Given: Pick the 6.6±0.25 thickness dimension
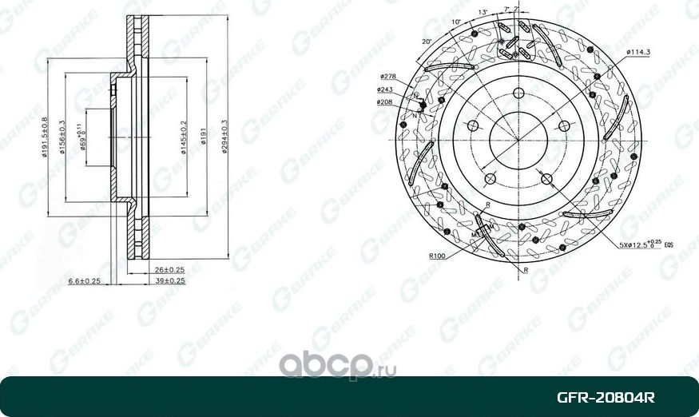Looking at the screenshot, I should click(x=84, y=281).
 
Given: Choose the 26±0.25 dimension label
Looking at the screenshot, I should click(x=169, y=269).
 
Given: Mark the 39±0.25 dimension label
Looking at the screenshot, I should click(x=169, y=281).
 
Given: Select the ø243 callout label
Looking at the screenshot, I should click(x=384, y=89).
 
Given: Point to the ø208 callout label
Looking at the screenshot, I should click(x=384, y=102).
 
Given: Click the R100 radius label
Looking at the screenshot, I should click(x=436, y=256).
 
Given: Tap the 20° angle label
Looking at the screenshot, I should click(x=427, y=41).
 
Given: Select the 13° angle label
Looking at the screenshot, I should click(x=483, y=12).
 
